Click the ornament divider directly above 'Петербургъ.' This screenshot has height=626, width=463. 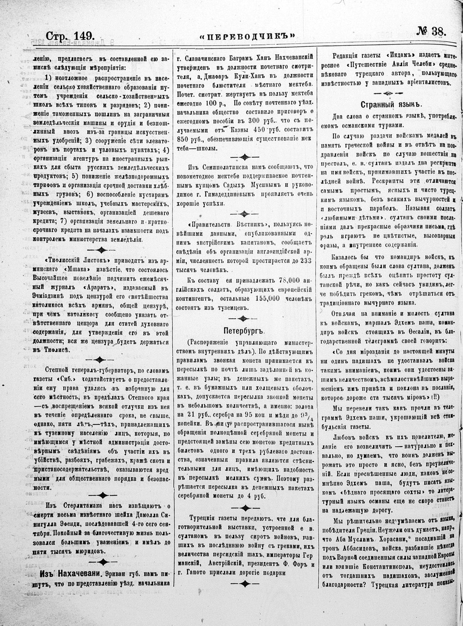pyautogui.click(x=243, y=316)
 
